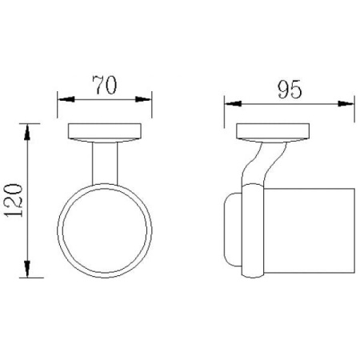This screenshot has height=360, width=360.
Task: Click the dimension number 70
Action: [x=105, y=85]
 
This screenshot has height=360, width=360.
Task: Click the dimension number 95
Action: [x=290, y=90]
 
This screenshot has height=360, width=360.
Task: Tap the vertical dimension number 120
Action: [x=14, y=200]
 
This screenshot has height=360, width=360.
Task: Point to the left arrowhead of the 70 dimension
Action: [x=66, y=99]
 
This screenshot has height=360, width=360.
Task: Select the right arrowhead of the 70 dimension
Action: [x=143, y=99]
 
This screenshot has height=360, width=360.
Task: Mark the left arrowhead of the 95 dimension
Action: [x=233, y=103]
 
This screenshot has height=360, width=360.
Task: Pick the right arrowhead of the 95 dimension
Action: [x=346, y=103]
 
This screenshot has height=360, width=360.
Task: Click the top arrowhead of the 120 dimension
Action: [x=26, y=132]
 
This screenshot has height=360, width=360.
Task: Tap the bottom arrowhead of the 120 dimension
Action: [x=26, y=269]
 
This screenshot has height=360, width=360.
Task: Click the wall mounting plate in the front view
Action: [x=105, y=133]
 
